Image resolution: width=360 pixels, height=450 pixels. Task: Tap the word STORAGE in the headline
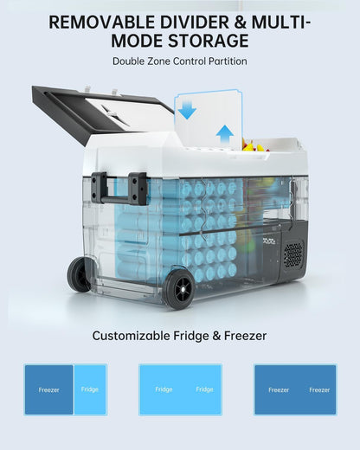coord(208,41)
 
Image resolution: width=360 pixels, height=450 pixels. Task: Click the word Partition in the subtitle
coord(228,61)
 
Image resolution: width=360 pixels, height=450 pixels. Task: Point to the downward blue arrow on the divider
coord(187,109)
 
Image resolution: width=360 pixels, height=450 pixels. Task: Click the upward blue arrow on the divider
coord(225,135)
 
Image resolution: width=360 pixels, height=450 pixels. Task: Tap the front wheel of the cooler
coord(179,289)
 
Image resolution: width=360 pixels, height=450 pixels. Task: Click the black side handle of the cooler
coord(120,188)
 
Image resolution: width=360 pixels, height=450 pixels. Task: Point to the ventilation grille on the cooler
coord(293,254)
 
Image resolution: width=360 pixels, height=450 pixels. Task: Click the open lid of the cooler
coord(102,114)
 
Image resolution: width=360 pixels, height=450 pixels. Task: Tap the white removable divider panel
coord(209,119)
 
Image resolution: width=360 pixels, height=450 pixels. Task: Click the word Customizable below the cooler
coord(132,336)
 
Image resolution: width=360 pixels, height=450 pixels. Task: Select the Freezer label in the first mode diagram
coord(48,390)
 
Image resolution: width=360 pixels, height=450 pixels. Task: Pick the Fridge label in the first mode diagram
coord(90,389)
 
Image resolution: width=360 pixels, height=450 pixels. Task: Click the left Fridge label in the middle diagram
coord(164,389)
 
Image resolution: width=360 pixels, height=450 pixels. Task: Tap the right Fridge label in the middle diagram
coord(204,389)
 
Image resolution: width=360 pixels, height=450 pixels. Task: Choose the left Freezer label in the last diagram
coord(279,390)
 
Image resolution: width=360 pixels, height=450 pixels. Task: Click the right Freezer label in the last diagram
coord(319,390)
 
